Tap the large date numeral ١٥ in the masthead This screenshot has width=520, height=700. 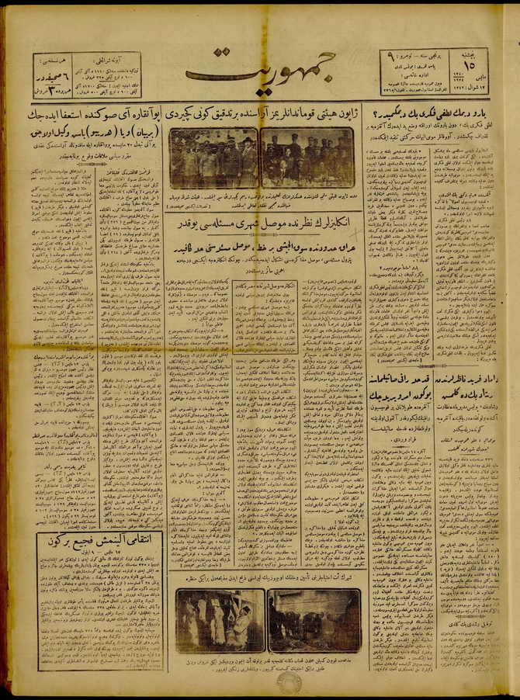(470, 64)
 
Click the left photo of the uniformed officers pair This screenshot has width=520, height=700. (213, 158)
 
